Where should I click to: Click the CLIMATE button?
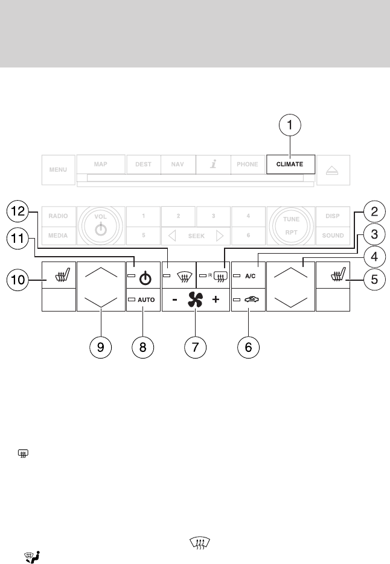pyautogui.click(x=290, y=164)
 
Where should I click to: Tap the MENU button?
pyautogui.click(x=59, y=169)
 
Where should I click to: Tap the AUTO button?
pyautogui.click(x=143, y=299)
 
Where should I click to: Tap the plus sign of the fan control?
pyautogui.click(x=216, y=299)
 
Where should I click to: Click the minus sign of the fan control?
pyautogui.click(x=174, y=299)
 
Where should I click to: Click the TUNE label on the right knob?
pyautogui.click(x=292, y=219)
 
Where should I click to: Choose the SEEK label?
pyautogui.click(x=196, y=236)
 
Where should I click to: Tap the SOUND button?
pyautogui.click(x=333, y=236)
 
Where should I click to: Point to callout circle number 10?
pyautogui.click(x=16, y=278)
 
